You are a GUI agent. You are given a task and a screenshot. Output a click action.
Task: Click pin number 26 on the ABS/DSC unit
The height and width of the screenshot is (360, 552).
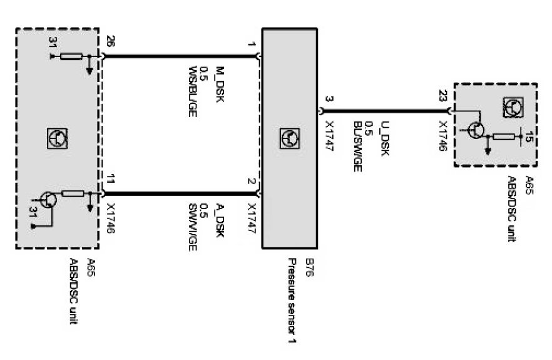111,43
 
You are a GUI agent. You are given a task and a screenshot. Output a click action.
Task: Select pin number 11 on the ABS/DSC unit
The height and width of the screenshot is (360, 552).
111,179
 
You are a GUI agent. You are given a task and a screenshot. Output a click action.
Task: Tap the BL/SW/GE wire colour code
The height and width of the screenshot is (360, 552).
357,146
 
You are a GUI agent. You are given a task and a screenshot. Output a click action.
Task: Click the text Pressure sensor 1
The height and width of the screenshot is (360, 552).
292,301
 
